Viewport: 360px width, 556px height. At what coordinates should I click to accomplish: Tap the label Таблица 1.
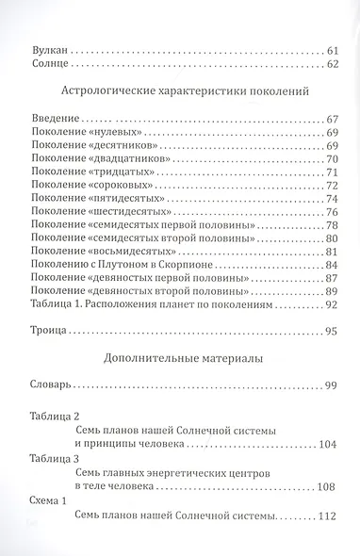pos(57,307)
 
